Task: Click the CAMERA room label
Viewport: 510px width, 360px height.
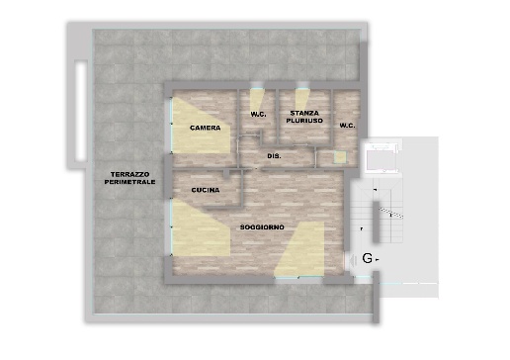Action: (206, 128)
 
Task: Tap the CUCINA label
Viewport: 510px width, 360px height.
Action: (206, 190)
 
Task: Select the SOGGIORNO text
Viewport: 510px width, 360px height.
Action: (262, 227)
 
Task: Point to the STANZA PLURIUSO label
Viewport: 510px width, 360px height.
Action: (304, 117)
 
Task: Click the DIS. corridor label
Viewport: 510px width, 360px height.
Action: (274, 156)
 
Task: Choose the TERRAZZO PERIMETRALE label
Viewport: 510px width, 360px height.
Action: (129, 178)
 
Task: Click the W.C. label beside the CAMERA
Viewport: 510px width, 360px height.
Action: (258, 115)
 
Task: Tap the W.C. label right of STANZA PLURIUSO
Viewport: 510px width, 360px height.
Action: (347, 126)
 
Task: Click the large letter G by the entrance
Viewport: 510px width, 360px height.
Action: (367, 258)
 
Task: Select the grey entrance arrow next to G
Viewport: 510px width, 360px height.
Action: (353, 260)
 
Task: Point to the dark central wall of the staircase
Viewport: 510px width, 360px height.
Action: (376, 222)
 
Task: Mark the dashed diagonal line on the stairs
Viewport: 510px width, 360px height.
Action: (391, 213)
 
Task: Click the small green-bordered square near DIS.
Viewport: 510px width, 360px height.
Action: (340, 157)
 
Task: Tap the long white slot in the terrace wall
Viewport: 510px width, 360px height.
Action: (81, 111)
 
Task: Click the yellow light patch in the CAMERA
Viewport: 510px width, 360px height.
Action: (201, 126)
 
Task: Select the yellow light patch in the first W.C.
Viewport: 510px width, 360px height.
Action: (255, 100)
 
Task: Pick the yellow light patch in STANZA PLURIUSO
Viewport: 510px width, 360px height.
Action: (300, 100)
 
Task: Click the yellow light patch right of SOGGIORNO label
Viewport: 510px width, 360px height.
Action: (300, 249)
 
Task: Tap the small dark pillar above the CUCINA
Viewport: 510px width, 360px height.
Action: (226, 174)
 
